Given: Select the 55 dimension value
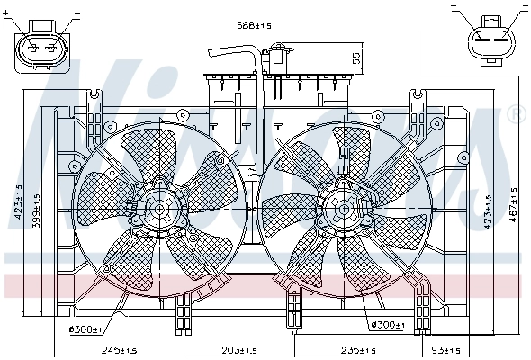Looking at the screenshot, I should pos(356,59).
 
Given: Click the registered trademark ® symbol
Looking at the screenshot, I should pos(515,114).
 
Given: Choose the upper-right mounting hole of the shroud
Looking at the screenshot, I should pos(417,94).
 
